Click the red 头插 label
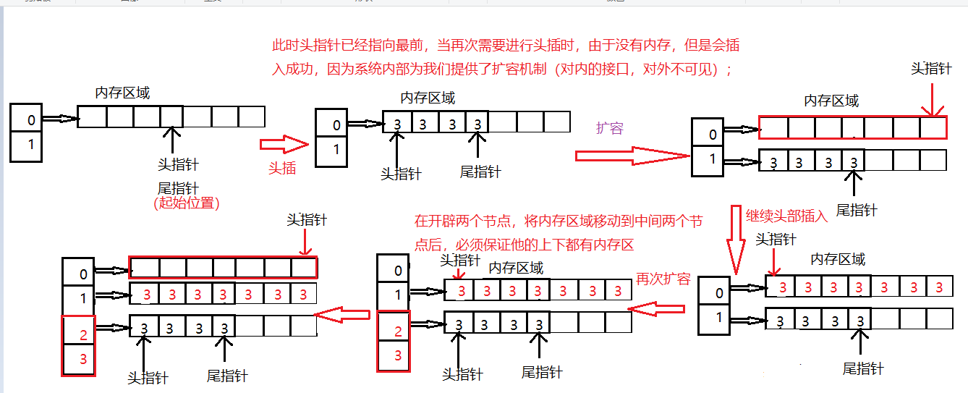282,168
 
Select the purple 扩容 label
609,128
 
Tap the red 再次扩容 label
663,279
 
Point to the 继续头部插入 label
786,216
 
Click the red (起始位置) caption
186,203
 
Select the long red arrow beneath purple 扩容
632,155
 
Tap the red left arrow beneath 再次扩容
655,309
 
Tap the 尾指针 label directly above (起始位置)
178,188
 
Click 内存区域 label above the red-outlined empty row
831,101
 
